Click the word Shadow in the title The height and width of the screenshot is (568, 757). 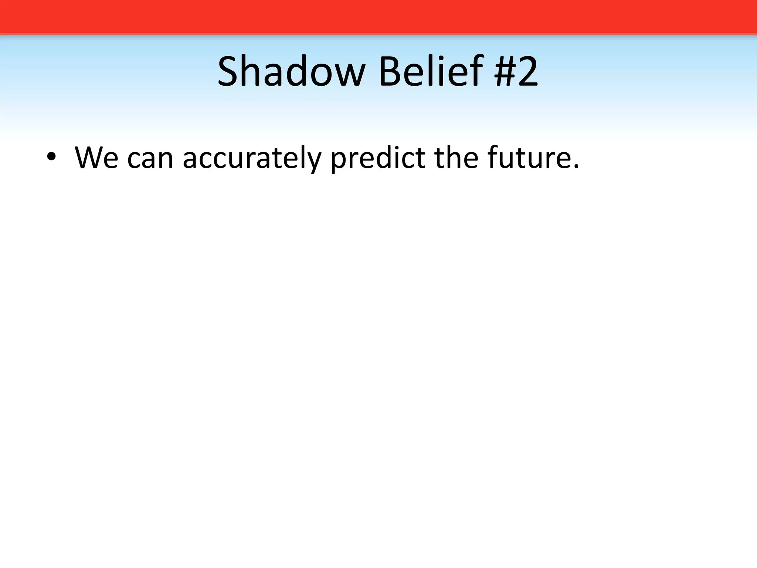(291, 71)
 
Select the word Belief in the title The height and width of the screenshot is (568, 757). (431, 71)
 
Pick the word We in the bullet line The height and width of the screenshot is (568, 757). (96, 158)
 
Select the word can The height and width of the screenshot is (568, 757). (150, 159)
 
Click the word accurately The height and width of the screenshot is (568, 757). (252, 159)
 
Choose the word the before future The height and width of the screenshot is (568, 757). (456, 158)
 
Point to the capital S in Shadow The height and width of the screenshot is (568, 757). (228, 71)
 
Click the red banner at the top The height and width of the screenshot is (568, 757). (378, 17)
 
